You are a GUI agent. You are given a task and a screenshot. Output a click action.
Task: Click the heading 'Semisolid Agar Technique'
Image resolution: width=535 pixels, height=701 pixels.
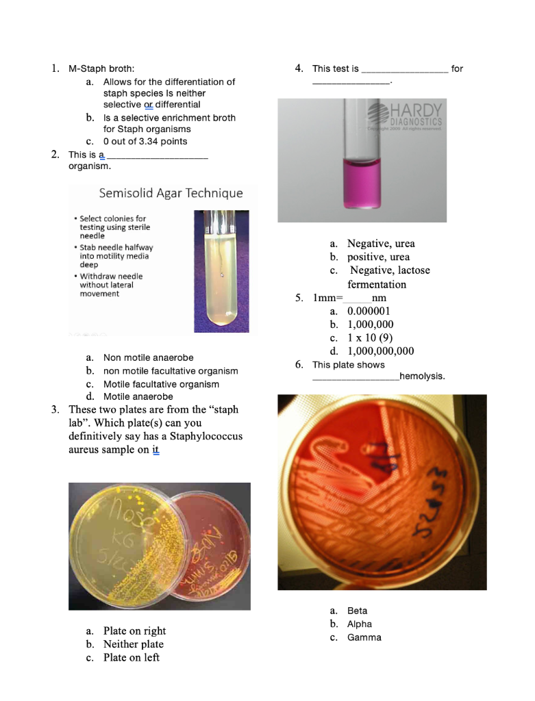tap(171, 193)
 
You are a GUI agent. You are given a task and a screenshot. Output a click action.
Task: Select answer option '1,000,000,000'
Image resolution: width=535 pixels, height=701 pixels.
tap(380, 351)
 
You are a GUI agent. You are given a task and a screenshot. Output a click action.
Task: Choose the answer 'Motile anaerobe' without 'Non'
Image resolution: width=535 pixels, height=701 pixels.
tap(138, 396)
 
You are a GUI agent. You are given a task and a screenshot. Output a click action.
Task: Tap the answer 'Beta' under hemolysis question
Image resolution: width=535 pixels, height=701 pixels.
tap(357, 611)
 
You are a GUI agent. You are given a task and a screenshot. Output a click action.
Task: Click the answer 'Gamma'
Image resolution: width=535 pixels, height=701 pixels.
tap(364, 637)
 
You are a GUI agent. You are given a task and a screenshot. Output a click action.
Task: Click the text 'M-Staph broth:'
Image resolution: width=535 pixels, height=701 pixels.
tap(101, 68)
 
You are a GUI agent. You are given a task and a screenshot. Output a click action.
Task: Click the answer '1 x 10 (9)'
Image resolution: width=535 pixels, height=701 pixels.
tap(370, 338)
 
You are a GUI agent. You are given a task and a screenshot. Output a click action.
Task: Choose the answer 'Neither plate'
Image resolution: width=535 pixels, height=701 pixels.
tap(133, 644)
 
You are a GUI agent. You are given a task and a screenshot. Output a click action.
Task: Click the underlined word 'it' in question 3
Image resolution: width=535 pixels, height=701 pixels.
tap(155, 450)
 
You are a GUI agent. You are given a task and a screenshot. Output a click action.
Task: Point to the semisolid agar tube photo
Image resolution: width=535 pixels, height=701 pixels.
tap(221, 270)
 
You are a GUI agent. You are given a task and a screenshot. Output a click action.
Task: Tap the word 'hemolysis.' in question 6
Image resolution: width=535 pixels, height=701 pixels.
tap(422, 377)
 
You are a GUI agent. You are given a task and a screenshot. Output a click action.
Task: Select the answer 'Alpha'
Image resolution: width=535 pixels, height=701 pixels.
tap(360, 624)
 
